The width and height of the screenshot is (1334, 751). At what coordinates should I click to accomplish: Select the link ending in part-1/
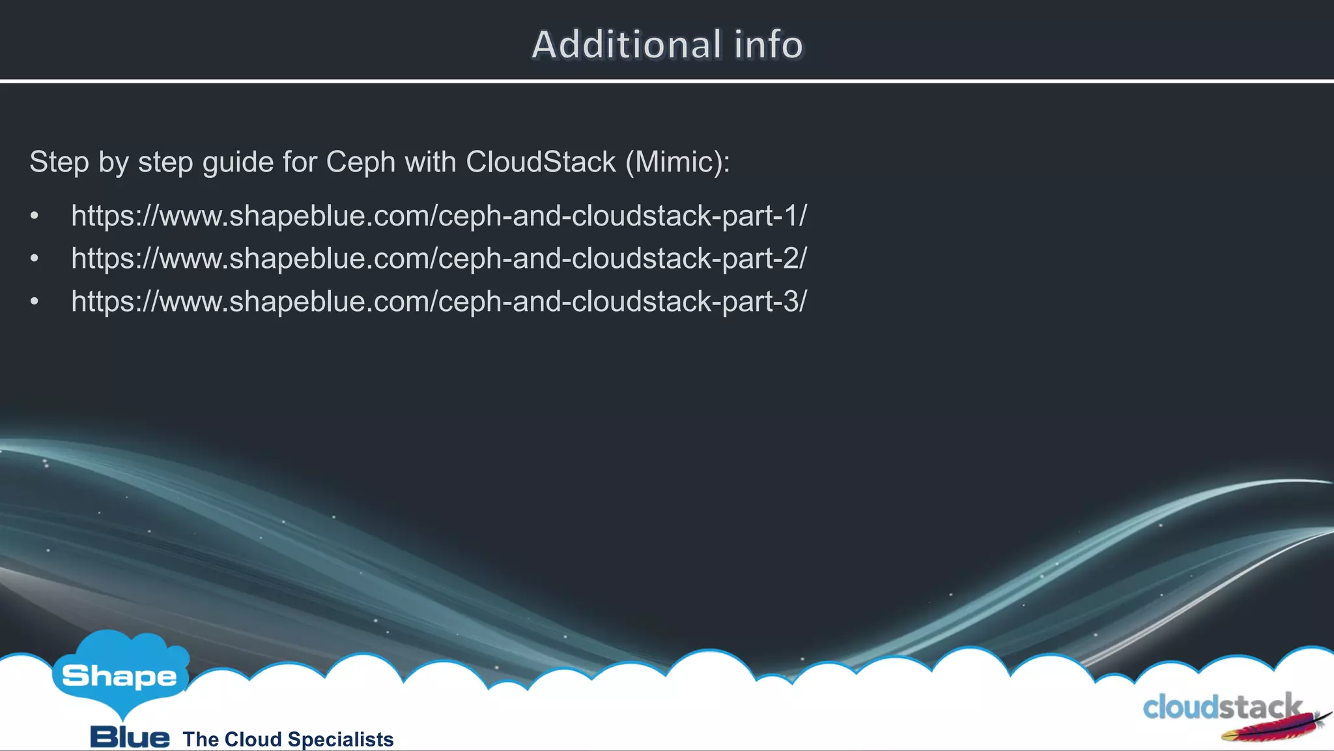438,216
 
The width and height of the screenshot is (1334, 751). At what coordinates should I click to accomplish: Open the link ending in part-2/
438,259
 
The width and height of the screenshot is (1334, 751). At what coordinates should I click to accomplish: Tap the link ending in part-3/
438,302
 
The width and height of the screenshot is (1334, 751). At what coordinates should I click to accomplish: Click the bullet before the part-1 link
35,216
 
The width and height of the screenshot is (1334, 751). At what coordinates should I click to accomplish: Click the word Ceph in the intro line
360,162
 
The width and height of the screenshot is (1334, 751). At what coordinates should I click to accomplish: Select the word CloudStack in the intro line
541,162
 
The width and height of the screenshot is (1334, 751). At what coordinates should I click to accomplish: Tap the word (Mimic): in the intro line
677,162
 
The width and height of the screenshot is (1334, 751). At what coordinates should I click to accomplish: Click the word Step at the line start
59,162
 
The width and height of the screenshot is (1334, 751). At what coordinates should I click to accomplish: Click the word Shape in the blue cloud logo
119,676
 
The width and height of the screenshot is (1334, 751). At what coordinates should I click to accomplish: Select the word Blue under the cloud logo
130,737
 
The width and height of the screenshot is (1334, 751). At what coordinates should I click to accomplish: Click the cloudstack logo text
1221,707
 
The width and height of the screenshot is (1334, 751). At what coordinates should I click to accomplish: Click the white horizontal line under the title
667,81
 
